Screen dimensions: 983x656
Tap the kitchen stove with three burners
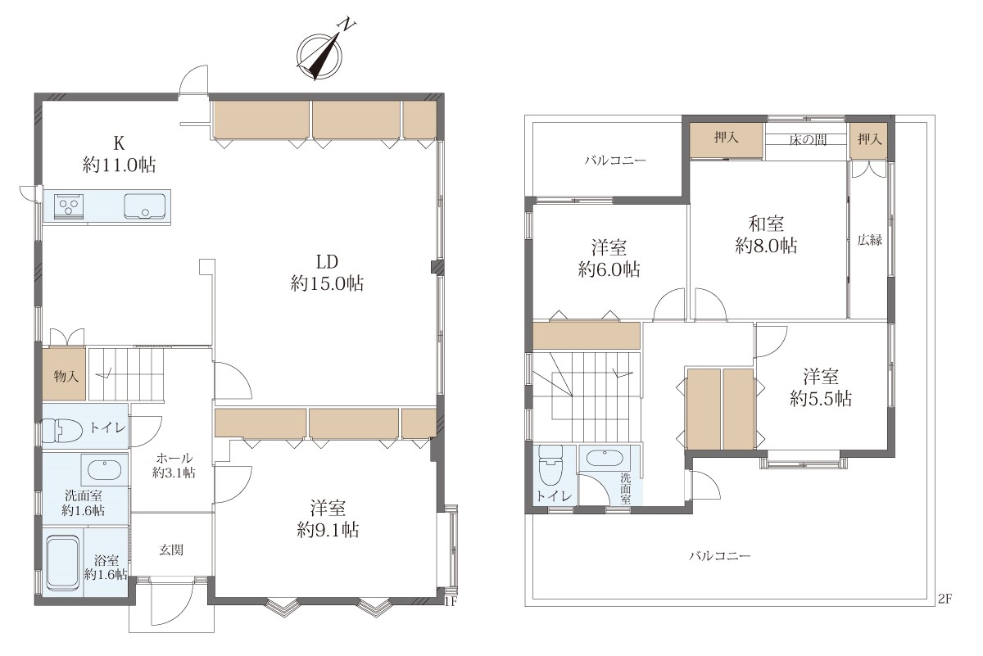pyautogui.click(x=69, y=206)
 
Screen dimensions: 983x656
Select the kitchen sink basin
pyautogui.click(x=145, y=206)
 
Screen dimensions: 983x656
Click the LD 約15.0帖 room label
pyautogui.click(x=327, y=273)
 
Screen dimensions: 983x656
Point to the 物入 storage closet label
pyautogui.click(x=66, y=376)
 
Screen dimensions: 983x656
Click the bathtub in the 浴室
pyautogui.click(x=63, y=563)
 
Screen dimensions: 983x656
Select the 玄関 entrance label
pyautogui.click(x=171, y=550)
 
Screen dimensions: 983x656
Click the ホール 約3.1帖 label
pyautogui.click(x=174, y=465)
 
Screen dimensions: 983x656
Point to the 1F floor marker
pyautogui.click(x=451, y=602)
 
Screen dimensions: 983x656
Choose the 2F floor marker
pyautogui.click(x=944, y=599)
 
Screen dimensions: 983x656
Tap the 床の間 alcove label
pyautogui.click(x=808, y=140)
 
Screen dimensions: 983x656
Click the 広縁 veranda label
pyautogui.click(x=869, y=240)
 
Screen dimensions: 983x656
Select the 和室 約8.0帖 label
pyautogui.click(x=766, y=235)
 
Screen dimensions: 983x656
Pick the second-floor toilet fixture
pyautogui.click(x=550, y=467)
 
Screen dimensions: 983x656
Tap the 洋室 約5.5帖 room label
pyautogui.click(x=821, y=388)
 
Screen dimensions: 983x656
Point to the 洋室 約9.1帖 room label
pyautogui.click(x=328, y=519)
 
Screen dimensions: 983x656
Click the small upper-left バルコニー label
pyautogui.click(x=615, y=161)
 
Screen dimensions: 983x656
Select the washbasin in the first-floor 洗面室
pyautogui.click(x=105, y=470)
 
